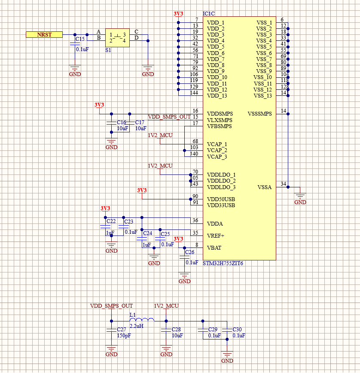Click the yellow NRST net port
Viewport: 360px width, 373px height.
(x=44, y=34)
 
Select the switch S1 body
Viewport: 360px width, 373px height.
(x=117, y=38)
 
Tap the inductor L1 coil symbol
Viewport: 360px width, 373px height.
(x=141, y=320)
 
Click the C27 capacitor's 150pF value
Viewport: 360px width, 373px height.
(x=124, y=336)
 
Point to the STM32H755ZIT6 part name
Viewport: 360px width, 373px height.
(x=223, y=263)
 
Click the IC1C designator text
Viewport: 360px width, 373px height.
(x=210, y=14)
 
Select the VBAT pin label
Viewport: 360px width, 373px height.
(x=215, y=248)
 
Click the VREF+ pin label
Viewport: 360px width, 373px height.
(x=216, y=236)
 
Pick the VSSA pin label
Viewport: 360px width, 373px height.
(x=265, y=187)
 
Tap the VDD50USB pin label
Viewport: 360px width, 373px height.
(x=221, y=199)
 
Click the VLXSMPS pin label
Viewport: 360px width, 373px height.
(x=220, y=120)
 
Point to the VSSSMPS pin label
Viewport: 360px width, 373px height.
(x=260, y=114)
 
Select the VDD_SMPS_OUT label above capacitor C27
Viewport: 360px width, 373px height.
(x=111, y=306)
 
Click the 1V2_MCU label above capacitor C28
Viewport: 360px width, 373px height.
(x=166, y=306)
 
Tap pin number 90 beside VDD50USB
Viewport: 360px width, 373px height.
(x=195, y=196)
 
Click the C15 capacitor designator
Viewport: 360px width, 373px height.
(x=80, y=39)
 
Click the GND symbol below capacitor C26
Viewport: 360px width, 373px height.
(x=184, y=278)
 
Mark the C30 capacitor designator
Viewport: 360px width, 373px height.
(x=238, y=329)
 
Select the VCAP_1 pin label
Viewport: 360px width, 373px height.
(x=217, y=144)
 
